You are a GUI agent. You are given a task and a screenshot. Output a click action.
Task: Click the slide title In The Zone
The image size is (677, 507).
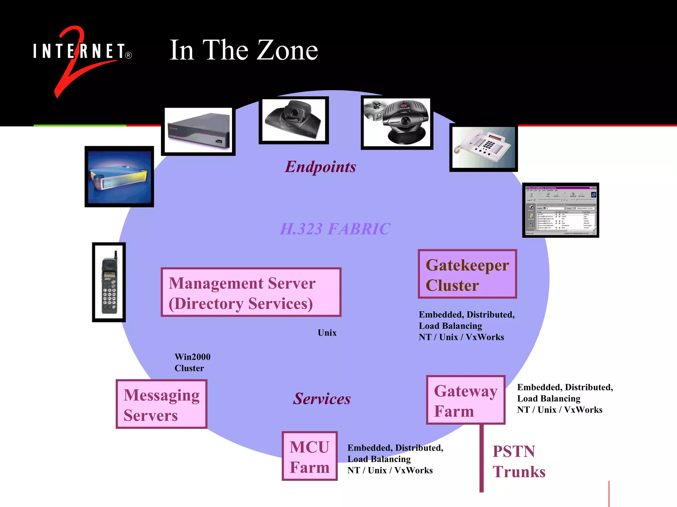click(x=244, y=50)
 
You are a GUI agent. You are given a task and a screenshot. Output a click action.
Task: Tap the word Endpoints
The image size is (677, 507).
click(x=320, y=167)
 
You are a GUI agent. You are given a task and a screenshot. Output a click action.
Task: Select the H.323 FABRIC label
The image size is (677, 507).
click(x=335, y=229)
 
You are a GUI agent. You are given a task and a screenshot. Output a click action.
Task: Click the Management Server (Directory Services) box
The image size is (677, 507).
click(x=251, y=292)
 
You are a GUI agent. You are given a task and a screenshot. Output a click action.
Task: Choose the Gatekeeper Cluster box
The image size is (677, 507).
click(x=467, y=274)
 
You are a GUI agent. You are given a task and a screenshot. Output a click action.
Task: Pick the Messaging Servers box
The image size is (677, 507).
click(x=161, y=404)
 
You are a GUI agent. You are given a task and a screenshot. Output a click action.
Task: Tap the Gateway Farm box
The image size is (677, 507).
click(x=465, y=400)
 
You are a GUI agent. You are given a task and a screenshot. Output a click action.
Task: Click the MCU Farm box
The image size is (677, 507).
click(x=309, y=456)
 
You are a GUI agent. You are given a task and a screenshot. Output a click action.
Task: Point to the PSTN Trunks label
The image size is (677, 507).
click(x=519, y=461)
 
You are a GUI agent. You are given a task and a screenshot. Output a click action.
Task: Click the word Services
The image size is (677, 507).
click(x=322, y=399)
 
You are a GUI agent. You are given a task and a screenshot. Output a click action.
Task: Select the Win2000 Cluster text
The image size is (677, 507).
click(x=192, y=362)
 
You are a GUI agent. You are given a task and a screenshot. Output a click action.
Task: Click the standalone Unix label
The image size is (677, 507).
click(x=327, y=333)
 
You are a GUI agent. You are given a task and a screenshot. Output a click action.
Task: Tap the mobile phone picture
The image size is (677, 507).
click(x=109, y=282)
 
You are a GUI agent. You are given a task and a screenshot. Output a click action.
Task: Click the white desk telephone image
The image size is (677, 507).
click(x=483, y=148)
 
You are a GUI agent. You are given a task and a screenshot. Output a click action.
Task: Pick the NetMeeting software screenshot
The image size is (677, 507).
click(x=561, y=210)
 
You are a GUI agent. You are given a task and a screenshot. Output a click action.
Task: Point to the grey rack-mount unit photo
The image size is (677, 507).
click(x=198, y=131)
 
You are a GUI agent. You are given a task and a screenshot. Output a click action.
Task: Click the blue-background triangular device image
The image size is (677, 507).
click(x=119, y=177)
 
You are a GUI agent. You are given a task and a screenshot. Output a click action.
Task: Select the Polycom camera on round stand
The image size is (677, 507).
click(x=397, y=122)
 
